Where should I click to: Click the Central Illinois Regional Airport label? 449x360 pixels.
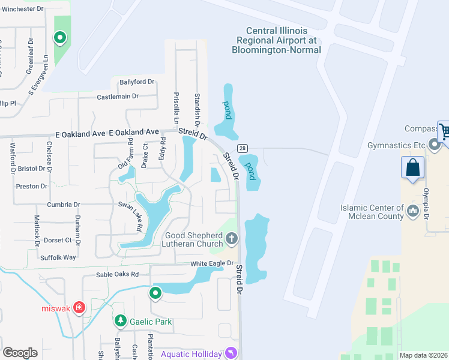(277, 40)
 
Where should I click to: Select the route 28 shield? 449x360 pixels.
(242, 148)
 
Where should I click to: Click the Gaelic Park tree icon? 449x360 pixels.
(121, 322)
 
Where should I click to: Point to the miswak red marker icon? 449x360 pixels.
(80, 308)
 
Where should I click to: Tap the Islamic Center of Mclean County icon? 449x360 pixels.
(413, 211)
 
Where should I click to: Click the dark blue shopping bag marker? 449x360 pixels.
(413, 167)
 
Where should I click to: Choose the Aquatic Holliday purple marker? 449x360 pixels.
(231, 354)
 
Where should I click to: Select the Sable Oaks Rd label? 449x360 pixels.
(118, 274)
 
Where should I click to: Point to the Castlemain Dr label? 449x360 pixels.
(118, 96)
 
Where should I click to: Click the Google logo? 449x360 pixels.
(20, 353)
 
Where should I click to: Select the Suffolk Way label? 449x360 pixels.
(59, 257)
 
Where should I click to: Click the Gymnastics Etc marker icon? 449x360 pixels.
(435, 145)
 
